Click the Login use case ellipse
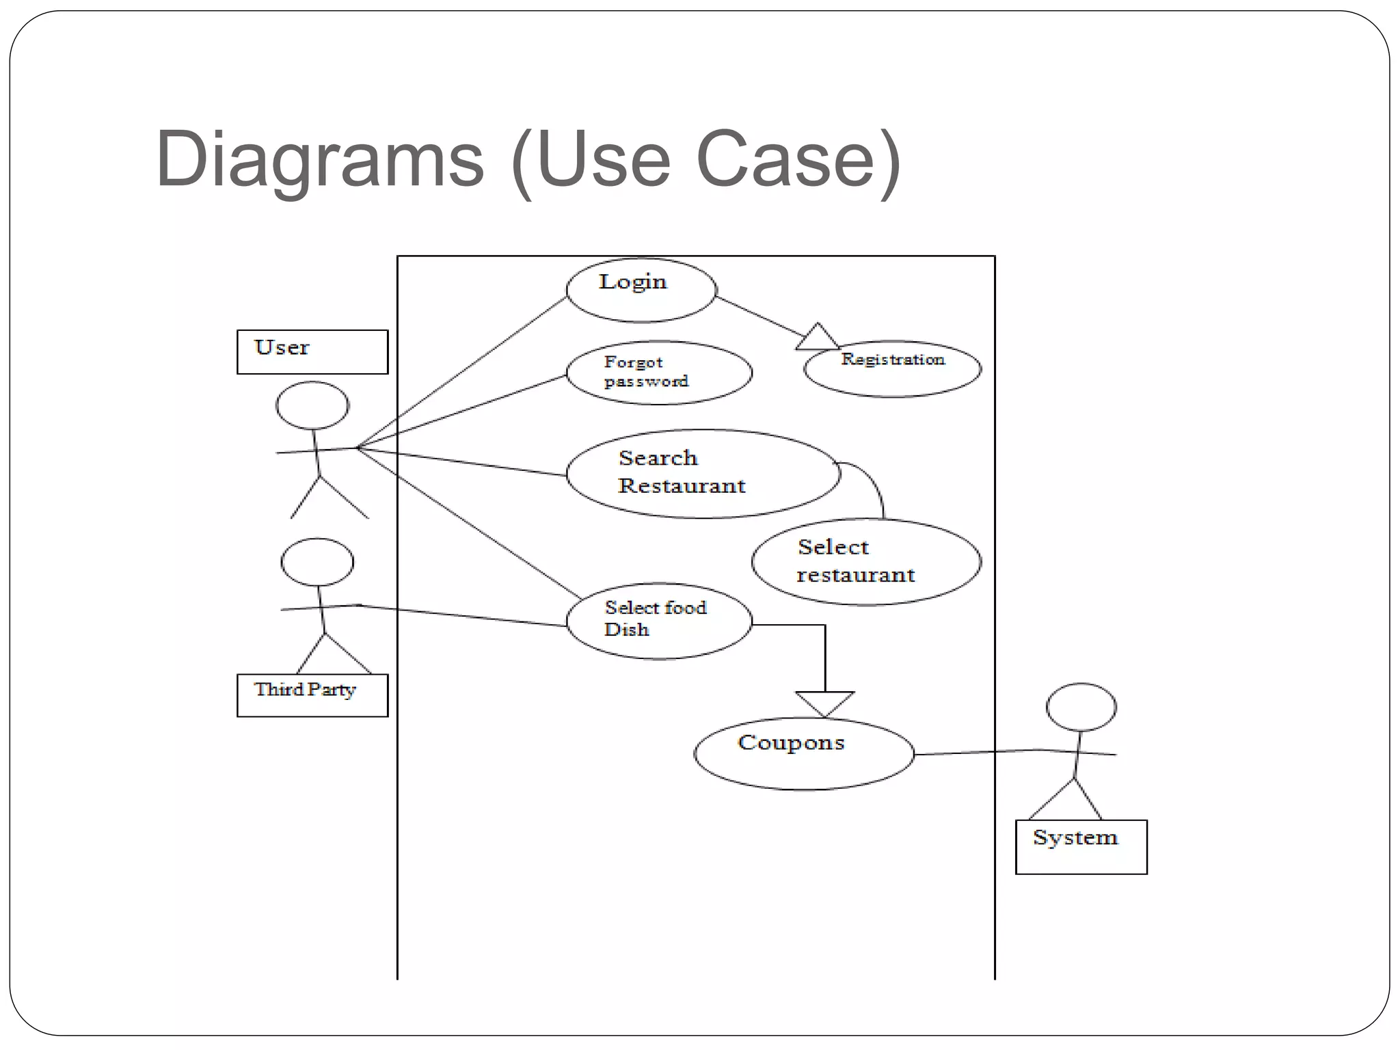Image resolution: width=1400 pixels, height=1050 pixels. click(x=641, y=290)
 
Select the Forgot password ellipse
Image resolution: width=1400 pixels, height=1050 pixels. click(x=659, y=373)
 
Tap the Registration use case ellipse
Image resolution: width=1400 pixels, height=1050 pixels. click(x=892, y=369)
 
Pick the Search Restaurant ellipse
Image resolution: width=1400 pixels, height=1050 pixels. click(x=703, y=473)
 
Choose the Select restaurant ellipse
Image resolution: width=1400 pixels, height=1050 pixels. click(x=866, y=562)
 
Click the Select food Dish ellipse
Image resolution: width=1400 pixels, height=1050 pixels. click(x=659, y=621)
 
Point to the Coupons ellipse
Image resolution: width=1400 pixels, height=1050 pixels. click(x=804, y=753)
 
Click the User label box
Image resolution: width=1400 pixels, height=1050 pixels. click(x=312, y=351)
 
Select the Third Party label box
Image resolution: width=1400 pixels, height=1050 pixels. click(x=312, y=695)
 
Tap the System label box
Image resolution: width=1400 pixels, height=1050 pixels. click(x=1081, y=846)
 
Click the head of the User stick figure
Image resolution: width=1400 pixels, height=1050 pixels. click(x=312, y=405)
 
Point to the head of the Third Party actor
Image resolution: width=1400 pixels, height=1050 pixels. click(x=317, y=561)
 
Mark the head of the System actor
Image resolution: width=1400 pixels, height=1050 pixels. click(x=1081, y=707)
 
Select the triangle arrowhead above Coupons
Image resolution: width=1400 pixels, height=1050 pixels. click(x=824, y=702)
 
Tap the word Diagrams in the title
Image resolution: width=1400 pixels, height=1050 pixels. click(x=320, y=160)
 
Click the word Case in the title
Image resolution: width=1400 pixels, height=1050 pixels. click(x=786, y=160)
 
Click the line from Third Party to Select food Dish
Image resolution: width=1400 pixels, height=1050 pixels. click(x=465, y=615)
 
